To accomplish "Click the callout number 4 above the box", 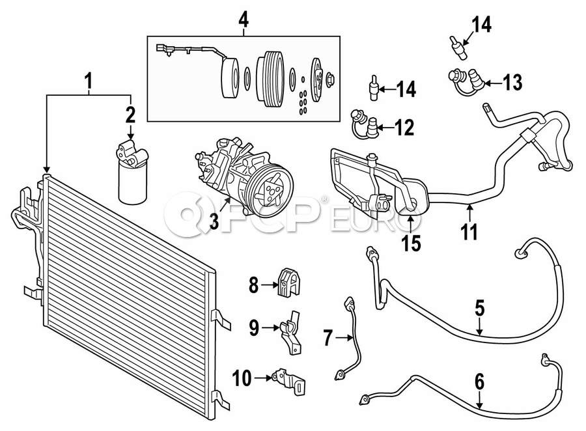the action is pyautogui.click(x=244, y=20).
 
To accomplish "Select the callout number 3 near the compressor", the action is pyautogui.click(x=214, y=221).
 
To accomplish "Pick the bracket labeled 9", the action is pyautogui.click(x=292, y=332).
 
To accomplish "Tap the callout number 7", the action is pyautogui.click(x=328, y=339).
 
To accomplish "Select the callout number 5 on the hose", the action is pyautogui.click(x=479, y=308).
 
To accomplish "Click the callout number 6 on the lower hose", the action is pyautogui.click(x=479, y=382).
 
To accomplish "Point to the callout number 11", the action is pyautogui.click(x=469, y=232).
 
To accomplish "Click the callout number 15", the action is pyautogui.click(x=411, y=243).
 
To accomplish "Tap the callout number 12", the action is pyautogui.click(x=404, y=128).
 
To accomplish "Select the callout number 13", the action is pyautogui.click(x=512, y=83).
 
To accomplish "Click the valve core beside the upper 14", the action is pyautogui.click(x=458, y=47).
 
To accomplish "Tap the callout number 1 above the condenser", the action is pyautogui.click(x=89, y=81).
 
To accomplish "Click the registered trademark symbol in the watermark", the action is pyautogui.click(x=324, y=199).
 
